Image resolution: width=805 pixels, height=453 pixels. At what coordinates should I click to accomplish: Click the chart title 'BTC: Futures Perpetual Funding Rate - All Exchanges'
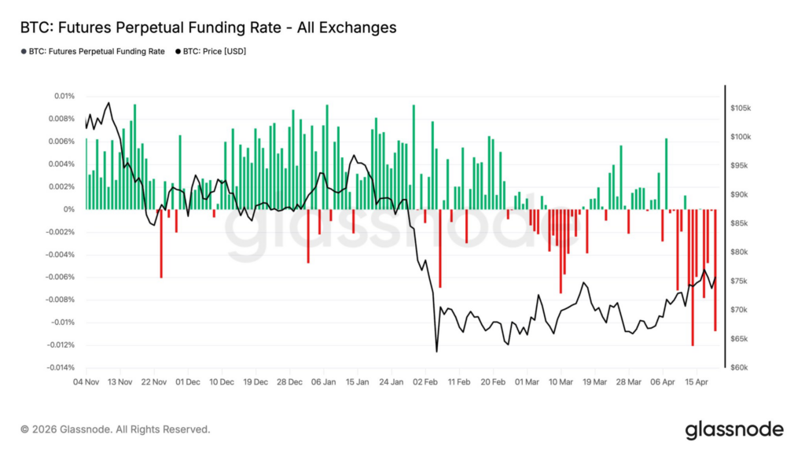point(208,28)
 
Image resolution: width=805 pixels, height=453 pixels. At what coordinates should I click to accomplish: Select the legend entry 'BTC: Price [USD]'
point(214,52)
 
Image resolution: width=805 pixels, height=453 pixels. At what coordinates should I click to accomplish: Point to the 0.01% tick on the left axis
point(64,96)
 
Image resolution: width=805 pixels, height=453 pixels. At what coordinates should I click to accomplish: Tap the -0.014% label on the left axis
point(60,367)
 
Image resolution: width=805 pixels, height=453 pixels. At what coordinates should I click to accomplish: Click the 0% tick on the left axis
point(69,209)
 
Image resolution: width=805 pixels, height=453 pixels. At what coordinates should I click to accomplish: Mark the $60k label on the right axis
point(743,367)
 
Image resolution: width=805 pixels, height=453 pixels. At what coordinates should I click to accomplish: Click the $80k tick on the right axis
point(743,252)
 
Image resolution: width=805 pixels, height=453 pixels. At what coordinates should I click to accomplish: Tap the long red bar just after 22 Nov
point(161,243)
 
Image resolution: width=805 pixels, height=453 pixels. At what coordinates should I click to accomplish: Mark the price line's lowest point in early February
point(436,351)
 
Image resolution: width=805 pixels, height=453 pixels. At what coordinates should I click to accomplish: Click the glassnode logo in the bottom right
point(733,429)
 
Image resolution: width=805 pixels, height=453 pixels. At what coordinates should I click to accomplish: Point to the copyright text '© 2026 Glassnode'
point(116,429)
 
